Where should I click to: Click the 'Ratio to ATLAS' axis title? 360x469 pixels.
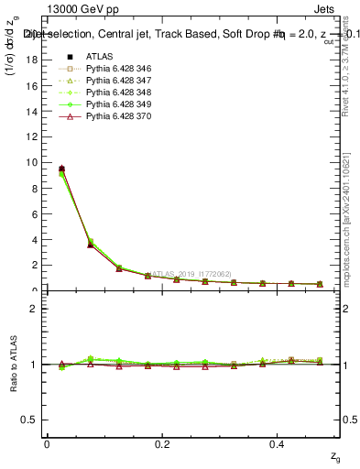click(12, 364)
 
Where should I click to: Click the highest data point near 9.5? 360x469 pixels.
click(61, 169)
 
